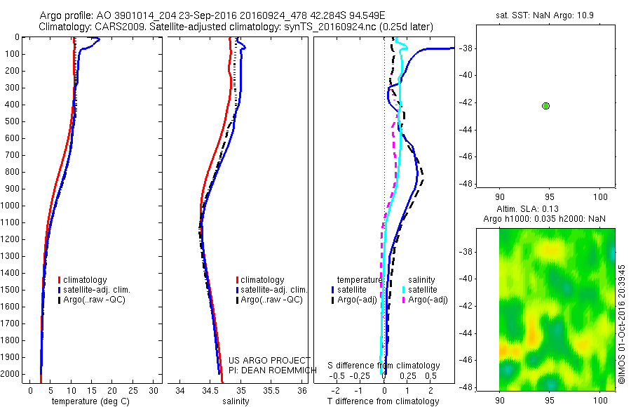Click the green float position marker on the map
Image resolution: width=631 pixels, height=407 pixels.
pos(545,106)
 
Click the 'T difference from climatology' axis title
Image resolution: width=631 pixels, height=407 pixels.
pos(384,401)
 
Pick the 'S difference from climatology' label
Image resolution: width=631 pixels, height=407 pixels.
pos(384,366)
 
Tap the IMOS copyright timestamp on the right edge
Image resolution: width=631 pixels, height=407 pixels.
pos(621,323)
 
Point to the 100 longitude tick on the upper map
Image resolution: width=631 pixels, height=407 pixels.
pos(600,196)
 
